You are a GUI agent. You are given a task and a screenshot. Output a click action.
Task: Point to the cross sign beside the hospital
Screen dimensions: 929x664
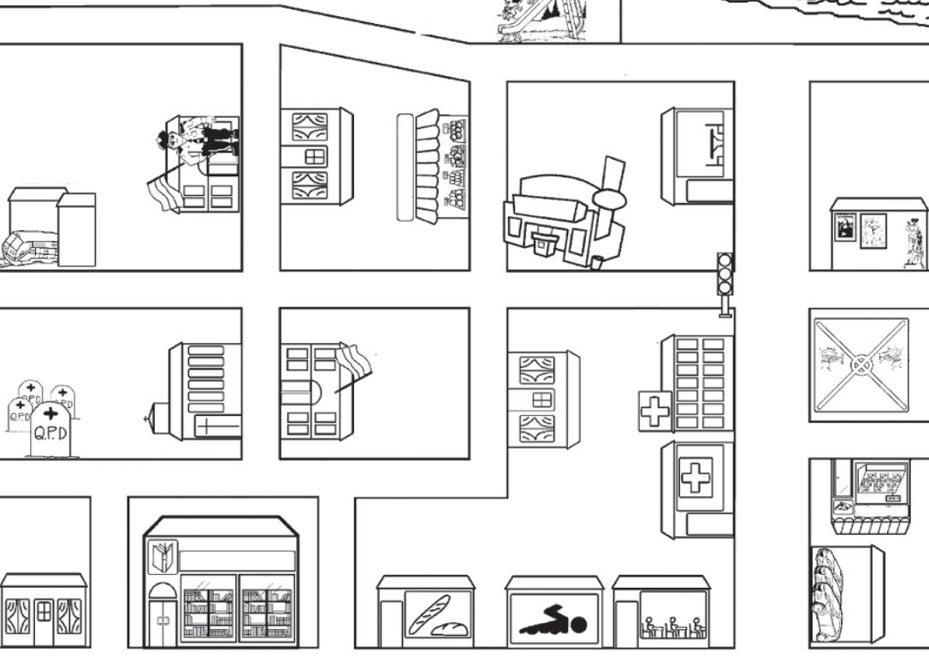coord(655,411)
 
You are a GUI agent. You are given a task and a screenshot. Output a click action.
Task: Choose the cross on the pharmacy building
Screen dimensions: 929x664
coord(695,477)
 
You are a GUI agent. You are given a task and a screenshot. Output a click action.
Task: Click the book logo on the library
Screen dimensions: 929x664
coord(162,556)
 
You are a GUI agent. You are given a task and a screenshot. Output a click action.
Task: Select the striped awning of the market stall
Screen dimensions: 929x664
coord(428,164)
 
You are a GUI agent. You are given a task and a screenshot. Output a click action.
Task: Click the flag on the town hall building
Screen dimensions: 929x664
coord(354,359)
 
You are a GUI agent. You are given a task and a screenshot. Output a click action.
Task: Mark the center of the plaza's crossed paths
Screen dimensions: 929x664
coord(859,365)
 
